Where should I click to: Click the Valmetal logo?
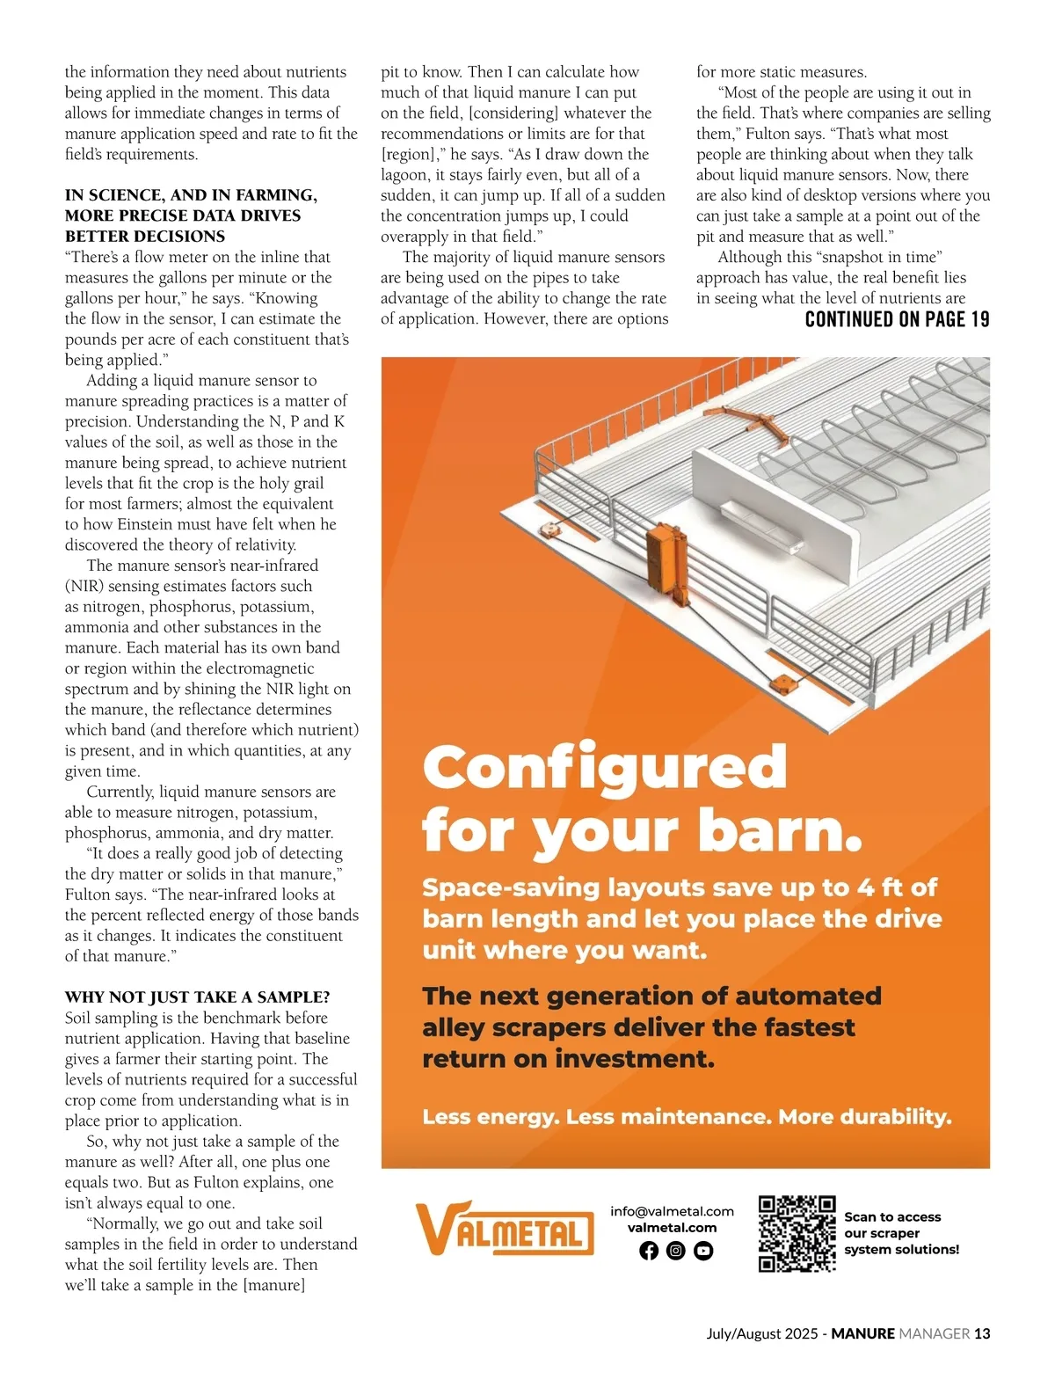tap(504, 1228)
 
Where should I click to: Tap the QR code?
tap(797, 1233)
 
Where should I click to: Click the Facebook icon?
tap(649, 1251)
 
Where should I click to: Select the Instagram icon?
tap(676, 1251)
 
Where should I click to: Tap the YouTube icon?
tap(703, 1251)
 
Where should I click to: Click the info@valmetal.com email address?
tap(672, 1211)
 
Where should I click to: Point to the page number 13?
tap(982, 1333)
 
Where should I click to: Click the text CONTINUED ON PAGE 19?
tap(897, 319)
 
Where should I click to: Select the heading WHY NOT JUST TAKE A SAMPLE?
tap(197, 997)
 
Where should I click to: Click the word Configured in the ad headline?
tap(604, 767)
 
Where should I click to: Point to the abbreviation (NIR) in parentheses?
tap(84, 586)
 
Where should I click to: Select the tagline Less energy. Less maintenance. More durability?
tap(687, 1117)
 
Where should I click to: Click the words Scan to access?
tap(892, 1217)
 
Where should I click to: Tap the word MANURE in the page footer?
tap(862, 1333)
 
